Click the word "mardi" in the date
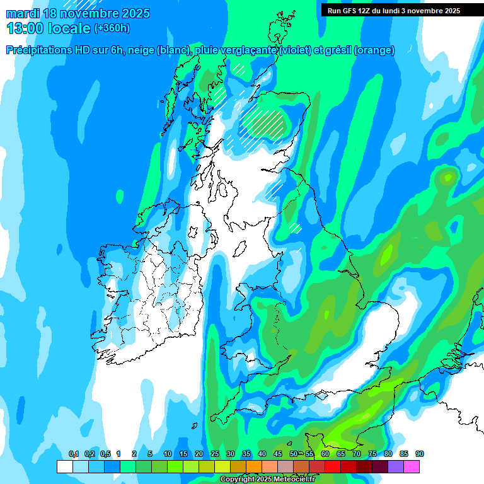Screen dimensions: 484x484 click(x=23, y=13)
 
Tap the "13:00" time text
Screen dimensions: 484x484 click(x=25, y=28)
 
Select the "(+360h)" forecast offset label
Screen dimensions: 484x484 click(x=112, y=28)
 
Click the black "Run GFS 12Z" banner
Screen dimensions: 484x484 click(x=393, y=10)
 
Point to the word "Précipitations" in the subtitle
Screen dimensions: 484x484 click(x=39, y=50)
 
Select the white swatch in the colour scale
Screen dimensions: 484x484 click(x=64, y=467)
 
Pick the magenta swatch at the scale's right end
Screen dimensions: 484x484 click(x=411, y=467)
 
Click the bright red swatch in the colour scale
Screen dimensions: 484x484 click(x=332, y=467)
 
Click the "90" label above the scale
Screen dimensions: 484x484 click(x=419, y=454)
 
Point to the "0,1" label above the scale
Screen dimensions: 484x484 click(x=73, y=454)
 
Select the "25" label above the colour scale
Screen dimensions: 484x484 click(x=214, y=454)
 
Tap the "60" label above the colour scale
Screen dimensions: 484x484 click(x=325, y=454)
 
